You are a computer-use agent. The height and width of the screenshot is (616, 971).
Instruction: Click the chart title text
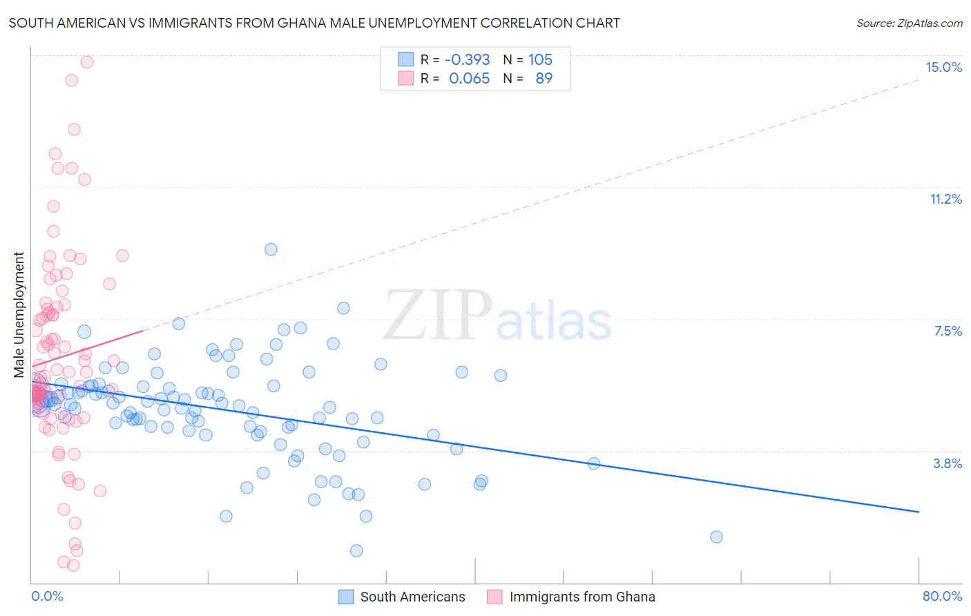click(314, 23)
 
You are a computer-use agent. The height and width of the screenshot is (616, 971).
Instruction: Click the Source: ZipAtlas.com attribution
click(909, 23)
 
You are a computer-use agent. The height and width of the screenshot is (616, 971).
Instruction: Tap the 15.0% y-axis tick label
click(943, 67)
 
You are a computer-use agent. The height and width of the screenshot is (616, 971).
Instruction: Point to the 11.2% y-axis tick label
click(945, 199)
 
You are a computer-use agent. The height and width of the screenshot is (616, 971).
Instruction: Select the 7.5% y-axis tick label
click(948, 331)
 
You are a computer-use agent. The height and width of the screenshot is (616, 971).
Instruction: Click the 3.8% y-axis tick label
click(948, 463)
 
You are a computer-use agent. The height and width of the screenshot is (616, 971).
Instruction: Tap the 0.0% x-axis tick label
click(47, 596)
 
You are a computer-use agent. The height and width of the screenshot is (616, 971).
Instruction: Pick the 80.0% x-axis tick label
click(942, 596)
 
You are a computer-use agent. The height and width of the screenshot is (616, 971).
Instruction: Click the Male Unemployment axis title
click(19, 314)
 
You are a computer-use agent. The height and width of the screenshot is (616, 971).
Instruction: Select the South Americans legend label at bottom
click(412, 597)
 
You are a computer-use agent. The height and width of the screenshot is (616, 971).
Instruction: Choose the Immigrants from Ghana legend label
click(581, 597)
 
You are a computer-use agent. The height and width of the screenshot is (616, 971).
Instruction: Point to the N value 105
click(540, 59)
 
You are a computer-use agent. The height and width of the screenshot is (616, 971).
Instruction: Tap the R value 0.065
click(469, 78)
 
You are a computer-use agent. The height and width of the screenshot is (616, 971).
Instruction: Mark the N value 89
click(544, 78)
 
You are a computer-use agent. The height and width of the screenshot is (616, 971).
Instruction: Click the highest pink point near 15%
click(87, 62)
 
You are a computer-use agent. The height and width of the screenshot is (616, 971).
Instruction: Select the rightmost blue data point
click(716, 537)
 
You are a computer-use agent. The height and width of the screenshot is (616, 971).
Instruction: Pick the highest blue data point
click(271, 249)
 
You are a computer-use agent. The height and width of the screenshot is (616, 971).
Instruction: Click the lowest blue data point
click(356, 550)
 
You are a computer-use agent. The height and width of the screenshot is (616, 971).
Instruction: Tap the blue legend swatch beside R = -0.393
click(405, 59)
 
